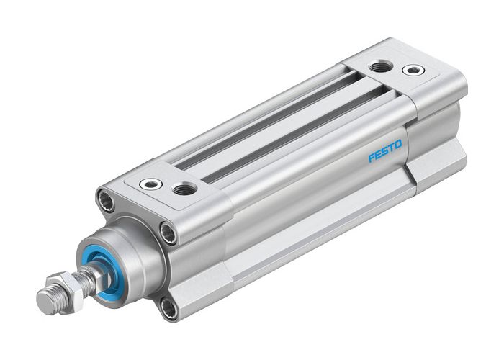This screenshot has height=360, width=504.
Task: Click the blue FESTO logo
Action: pos(385,152)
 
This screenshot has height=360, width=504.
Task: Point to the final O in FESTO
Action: pos(398,146)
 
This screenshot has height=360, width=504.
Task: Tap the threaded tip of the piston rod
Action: pos(48,297)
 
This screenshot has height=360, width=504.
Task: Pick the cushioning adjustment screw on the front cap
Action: pos(151,184)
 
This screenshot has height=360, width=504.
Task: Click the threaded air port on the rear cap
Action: pos(380,66)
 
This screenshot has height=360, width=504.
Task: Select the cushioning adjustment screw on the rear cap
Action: pos(413,70)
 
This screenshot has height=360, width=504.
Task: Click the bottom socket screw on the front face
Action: pos(168,309)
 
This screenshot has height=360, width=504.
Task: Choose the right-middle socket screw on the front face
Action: pos(168,233)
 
